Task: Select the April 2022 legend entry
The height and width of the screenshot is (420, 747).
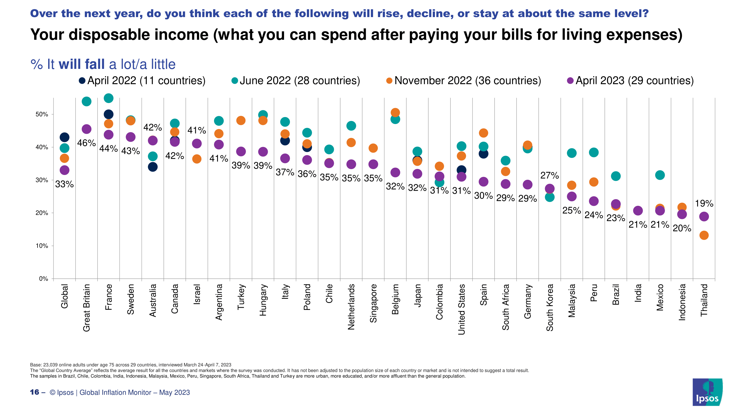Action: [142, 81]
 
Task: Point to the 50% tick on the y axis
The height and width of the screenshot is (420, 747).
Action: [42, 114]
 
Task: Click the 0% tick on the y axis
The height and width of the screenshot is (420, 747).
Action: [43, 279]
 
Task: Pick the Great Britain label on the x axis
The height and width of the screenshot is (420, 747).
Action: [87, 307]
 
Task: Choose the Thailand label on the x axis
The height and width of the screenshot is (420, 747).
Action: [704, 300]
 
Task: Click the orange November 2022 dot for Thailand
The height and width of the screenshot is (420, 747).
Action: [704, 235]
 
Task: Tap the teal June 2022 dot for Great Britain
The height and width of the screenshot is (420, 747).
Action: [87, 101]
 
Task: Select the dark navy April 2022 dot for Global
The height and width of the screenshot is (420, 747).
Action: [64, 137]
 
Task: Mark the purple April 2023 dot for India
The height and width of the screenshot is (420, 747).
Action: [638, 211]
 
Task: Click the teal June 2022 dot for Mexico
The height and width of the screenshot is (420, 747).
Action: [660, 175]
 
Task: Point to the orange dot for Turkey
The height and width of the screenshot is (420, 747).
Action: [241, 120]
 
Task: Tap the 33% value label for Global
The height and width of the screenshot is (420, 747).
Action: [64, 184]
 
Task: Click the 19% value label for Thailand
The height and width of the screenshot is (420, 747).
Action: [704, 204]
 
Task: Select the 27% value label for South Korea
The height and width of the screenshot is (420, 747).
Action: [550, 175]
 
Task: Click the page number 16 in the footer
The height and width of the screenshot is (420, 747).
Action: [34, 392]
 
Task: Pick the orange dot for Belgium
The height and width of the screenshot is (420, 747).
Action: [395, 113]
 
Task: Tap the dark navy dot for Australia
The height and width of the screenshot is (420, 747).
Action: [153, 167]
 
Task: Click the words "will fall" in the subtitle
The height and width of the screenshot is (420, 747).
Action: [82, 64]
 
